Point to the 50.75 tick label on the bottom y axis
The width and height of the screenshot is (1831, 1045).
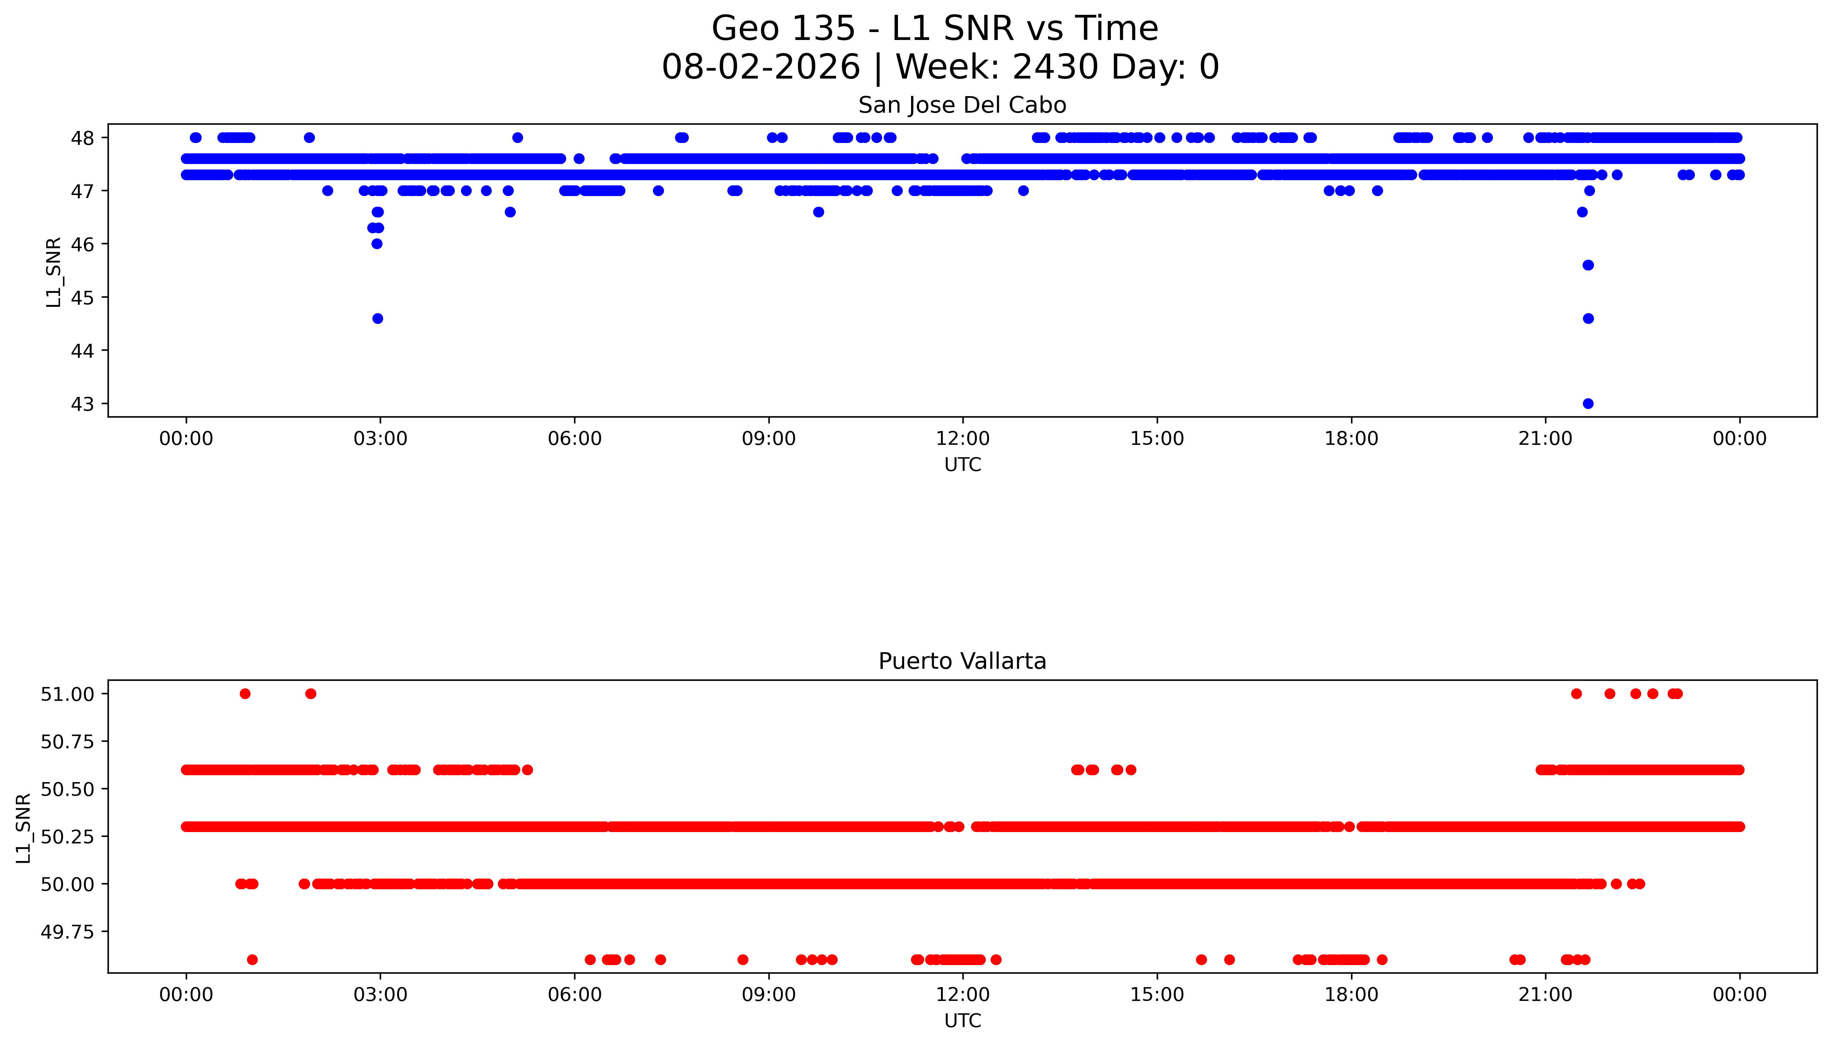tap(68, 741)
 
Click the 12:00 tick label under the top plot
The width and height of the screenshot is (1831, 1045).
tap(962, 439)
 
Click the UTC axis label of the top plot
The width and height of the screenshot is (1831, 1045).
tap(962, 465)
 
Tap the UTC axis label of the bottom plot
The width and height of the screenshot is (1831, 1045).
tap(962, 1021)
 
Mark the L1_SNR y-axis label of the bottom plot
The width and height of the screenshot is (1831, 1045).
tap(24, 828)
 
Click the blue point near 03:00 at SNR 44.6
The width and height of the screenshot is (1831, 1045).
tap(378, 319)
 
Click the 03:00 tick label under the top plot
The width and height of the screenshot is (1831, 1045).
tap(380, 439)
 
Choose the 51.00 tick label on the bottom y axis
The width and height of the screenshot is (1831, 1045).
tap(68, 694)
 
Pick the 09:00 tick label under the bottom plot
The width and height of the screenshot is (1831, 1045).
tap(769, 995)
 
